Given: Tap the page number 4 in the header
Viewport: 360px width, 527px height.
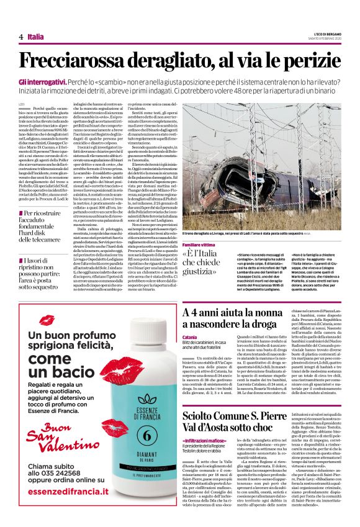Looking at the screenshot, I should click(x=20, y=37).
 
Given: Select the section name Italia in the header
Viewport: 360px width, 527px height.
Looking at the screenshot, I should click(x=36, y=37).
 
